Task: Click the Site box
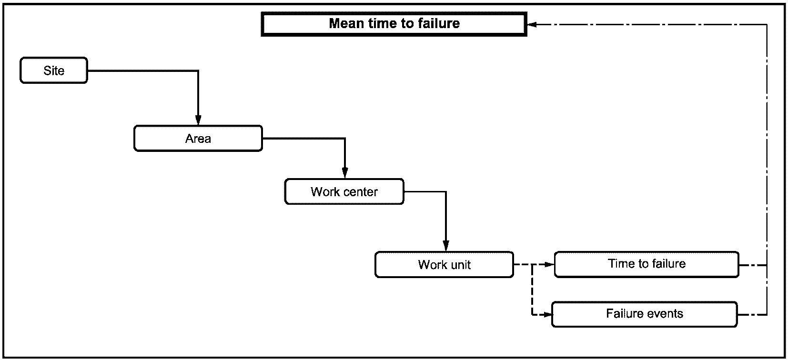[54, 70]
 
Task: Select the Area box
[198, 138]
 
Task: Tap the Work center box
[344, 191]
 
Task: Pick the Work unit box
[445, 264]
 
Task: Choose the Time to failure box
[647, 264]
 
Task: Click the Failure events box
[645, 314]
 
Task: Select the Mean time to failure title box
[394, 24]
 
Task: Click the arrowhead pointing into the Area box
[198, 120]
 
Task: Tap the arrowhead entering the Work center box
[345, 173]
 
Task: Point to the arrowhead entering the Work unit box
[446, 246]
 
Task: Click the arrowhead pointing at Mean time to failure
[532, 24]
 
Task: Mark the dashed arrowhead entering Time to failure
[549, 264]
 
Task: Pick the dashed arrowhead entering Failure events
[546, 315]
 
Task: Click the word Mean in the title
[346, 23]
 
